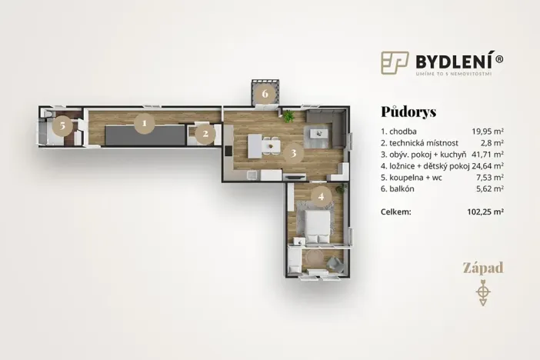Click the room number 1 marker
point(142,121)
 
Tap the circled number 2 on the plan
point(205,134)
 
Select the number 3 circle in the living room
point(293,152)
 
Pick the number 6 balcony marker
point(265,94)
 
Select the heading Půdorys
point(408,112)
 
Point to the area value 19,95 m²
point(488,131)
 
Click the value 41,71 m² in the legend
point(487,154)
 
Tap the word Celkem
point(396,211)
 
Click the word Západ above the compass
point(482,268)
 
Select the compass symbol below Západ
point(482,292)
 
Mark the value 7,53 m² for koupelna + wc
point(490,176)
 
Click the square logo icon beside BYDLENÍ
point(394,62)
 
